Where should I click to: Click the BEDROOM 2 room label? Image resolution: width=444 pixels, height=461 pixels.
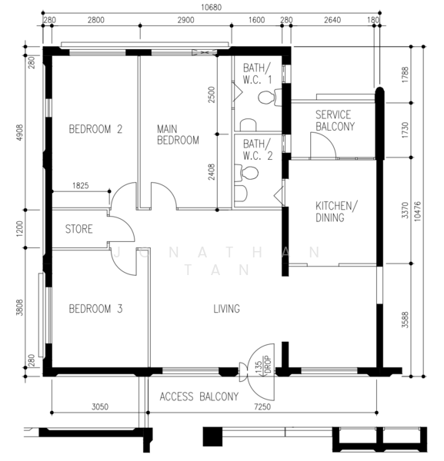(x=95, y=129)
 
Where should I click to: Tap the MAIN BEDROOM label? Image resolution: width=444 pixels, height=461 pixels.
(x=178, y=134)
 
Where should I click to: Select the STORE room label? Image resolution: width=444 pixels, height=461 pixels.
(x=79, y=229)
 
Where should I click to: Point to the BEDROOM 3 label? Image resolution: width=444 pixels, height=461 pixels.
(x=95, y=309)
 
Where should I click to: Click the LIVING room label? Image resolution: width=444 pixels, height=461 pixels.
(x=226, y=309)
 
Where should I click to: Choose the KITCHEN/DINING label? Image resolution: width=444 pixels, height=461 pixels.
(x=336, y=212)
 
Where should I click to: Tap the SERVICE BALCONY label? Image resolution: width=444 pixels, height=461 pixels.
(x=335, y=121)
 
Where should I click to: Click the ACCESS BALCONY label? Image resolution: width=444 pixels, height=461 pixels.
(x=199, y=396)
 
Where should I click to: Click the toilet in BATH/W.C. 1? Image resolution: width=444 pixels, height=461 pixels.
(x=269, y=97)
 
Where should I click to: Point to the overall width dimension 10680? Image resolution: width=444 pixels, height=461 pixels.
(x=211, y=7)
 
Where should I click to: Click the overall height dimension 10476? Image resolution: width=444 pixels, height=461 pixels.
(x=418, y=211)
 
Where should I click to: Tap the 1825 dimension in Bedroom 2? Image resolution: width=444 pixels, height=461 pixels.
(x=80, y=185)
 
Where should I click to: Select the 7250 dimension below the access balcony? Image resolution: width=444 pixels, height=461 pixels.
(x=262, y=406)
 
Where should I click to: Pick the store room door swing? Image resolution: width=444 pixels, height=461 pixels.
(x=127, y=224)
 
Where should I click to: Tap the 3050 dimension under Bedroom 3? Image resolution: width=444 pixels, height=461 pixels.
(x=100, y=406)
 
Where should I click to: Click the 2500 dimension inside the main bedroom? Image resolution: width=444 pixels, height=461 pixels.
(x=212, y=95)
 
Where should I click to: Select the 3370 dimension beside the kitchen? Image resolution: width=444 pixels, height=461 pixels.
(x=406, y=211)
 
